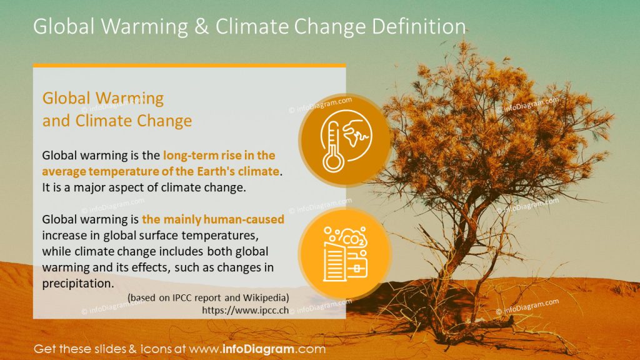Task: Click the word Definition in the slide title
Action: [419, 26]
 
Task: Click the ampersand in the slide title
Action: [202, 26]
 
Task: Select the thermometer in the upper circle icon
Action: [332, 146]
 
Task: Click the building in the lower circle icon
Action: [335, 261]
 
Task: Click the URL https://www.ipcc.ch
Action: [245, 310]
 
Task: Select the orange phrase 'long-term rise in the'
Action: [219, 155]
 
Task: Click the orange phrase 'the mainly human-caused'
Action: [213, 219]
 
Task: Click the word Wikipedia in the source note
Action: [266, 297]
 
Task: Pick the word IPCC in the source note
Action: [185, 297]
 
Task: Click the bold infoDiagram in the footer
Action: [258, 349]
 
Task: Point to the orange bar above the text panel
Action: [189, 65]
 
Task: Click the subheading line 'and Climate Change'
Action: [117, 121]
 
